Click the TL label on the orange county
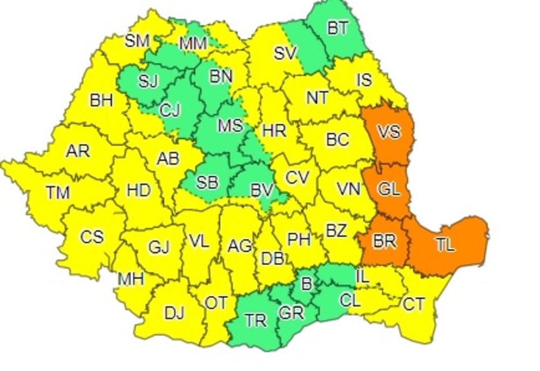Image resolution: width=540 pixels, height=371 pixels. click(x=445, y=245)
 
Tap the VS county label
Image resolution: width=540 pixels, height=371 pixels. click(x=388, y=131)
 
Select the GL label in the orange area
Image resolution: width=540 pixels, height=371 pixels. click(x=389, y=189)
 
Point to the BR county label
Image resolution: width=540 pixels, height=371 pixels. click(x=384, y=241)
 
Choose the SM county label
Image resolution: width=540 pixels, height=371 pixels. click(x=137, y=41)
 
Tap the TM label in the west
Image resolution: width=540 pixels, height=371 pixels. click(x=57, y=193)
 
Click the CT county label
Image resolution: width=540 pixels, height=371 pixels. click(x=414, y=305)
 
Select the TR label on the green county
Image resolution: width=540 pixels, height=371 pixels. click(x=255, y=320)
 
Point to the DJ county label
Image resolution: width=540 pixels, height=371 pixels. click(x=174, y=313)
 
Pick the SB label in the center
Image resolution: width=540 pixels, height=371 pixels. click(x=207, y=182)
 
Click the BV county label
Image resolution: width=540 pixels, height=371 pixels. click(x=262, y=190)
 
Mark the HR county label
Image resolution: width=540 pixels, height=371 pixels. click(x=274, y=130)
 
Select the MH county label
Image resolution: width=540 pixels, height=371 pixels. click(x=131, y=279)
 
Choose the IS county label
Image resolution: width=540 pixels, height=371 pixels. click(x=364, y=80)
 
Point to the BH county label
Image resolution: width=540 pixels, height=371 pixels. click(x=101, y=100)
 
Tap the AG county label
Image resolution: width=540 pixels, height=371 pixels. click(x=239, y=246)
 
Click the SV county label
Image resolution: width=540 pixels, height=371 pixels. click(x=285, y=53)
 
